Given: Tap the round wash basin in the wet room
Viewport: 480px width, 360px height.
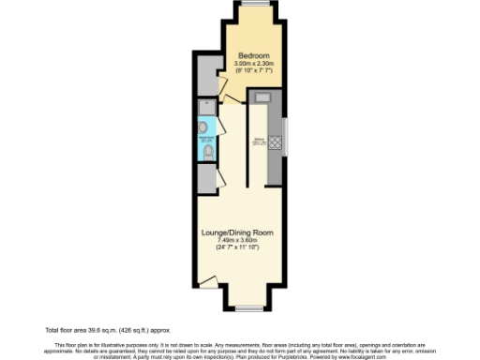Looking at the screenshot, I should tap(204, 127).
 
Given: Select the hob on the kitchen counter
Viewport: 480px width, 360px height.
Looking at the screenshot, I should tap(277, 143).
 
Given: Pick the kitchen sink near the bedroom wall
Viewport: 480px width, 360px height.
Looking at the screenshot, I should tap(262, 97).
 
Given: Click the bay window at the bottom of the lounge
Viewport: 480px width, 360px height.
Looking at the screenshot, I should tap(247, 307).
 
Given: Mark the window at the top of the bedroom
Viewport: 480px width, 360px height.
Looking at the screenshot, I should tap(251, 5).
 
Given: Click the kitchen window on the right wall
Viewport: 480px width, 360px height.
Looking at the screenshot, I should tap(288, 137).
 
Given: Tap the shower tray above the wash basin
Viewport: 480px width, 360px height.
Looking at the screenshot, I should tap(206, 107).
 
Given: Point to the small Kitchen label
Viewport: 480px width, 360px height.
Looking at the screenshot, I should tap(261, 142).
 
